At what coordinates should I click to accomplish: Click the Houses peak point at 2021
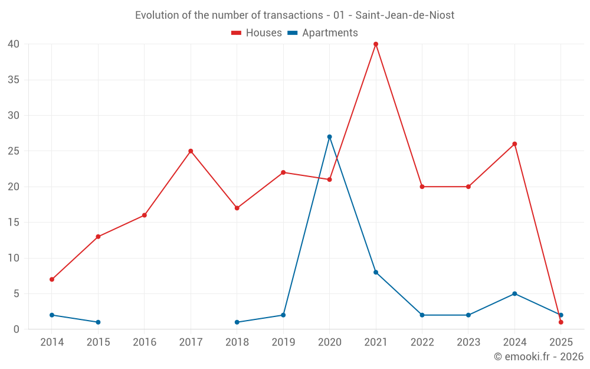[376, 44]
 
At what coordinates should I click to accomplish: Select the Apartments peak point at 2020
[329, 137]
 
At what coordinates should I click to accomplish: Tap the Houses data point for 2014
[52, 279]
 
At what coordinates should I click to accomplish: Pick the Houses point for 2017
[191, 151]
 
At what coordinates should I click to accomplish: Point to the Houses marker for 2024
[514, 144]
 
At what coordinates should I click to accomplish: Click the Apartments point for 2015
[98, 322]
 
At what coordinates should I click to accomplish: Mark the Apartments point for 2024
[514, 293]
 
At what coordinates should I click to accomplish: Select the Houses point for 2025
[560, 322]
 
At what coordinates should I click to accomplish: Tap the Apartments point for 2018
[237, 322]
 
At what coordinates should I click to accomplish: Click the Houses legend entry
[257, 33]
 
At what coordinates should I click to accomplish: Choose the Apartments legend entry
[323, 33]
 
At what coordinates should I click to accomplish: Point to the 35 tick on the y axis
[14, 80]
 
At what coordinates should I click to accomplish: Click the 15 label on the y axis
[14, 223]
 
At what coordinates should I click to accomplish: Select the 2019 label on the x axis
[283, 342]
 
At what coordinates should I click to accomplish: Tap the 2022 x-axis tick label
[422, 342]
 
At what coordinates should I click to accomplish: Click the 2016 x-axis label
[145, 342]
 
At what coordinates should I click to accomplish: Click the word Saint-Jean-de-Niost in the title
[405, 15]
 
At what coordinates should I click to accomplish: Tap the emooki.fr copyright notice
[539, 357]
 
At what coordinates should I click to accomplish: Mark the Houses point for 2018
[237, 208]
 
